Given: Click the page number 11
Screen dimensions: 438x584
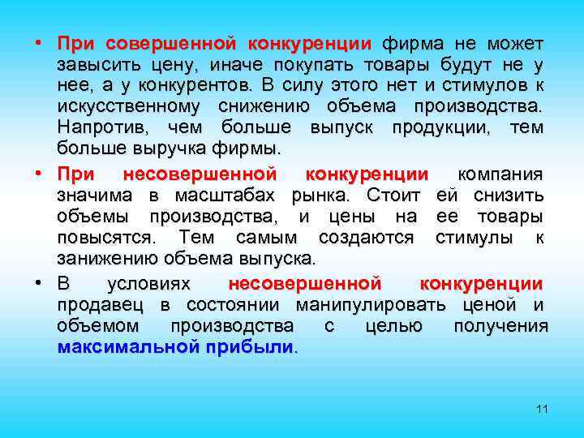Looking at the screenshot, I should [542, 409].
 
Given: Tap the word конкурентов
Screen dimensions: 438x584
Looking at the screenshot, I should [204, 85].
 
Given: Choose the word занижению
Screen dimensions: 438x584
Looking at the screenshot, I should [105, 260].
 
